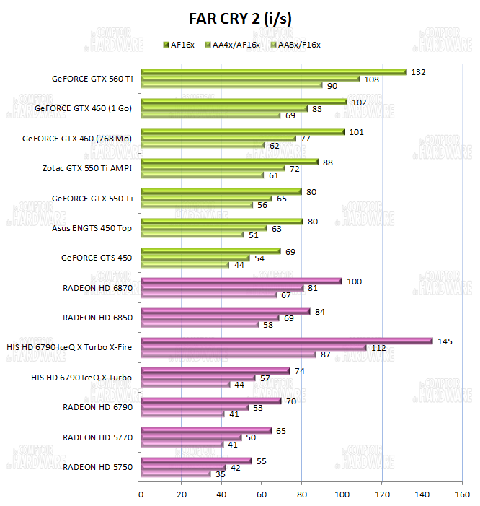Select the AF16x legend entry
coord(183,45)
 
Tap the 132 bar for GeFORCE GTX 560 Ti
coord(274,72)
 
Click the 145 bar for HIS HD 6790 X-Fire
coord(287,341)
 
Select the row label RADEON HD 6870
coord(97,288)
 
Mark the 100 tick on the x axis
coord(342,494)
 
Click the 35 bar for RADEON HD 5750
coord(176,474)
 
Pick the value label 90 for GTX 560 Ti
coord(332,86)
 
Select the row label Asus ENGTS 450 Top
coord(91,228)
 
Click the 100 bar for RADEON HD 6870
coord(241,281)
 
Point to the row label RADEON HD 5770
coord(97,437)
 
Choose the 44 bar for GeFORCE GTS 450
coord(185,265)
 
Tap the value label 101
coord(355,132)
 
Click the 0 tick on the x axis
coord(141,494)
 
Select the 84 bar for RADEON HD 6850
coord(226,311)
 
